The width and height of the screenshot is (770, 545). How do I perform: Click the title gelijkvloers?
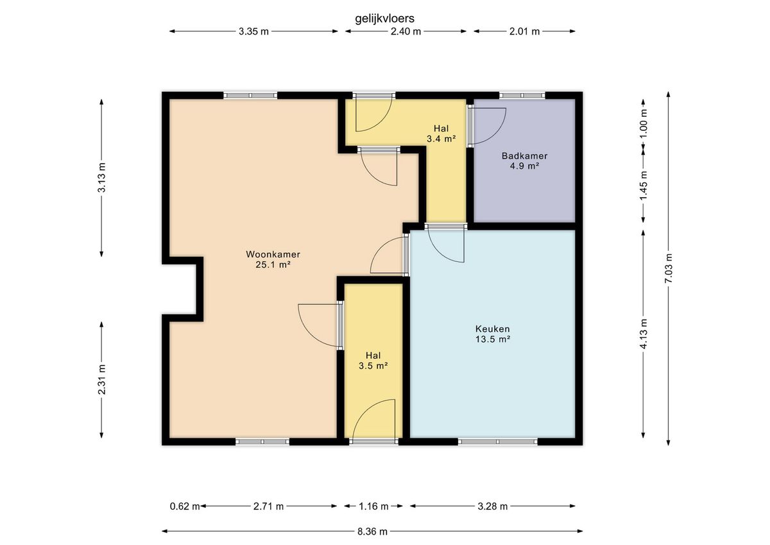[x=384, y=19]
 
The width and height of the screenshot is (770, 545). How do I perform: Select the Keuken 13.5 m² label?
[x=493, y=334]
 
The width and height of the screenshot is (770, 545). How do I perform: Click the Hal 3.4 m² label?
[x=441, y=134]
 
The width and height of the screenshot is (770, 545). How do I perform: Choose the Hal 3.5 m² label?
[x=373, y=360]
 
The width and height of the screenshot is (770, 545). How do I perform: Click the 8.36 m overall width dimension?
[x=372, y=532]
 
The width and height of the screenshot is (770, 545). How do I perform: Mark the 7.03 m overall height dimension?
[x=669, y=268]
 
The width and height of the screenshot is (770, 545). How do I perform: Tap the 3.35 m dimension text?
[x=253, y=31]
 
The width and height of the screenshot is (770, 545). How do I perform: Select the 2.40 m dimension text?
[x=406, y=31]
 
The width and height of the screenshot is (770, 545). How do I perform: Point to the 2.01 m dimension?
[x=525, y=31]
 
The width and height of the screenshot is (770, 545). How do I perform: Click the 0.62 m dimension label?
[x=185, y=506]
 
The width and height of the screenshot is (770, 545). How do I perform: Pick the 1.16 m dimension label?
[x=373, y=506]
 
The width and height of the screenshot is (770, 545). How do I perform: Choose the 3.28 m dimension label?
[x=493, y=506]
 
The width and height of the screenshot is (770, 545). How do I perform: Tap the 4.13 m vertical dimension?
[x=644, y=334]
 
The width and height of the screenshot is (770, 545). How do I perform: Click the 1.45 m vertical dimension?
[x=644, y=186]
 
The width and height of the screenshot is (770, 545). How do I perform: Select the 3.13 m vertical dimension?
[x=102, y=177]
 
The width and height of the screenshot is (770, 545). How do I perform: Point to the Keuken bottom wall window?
[x=498, y=442]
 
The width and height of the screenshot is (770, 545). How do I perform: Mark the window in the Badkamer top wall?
[x=522, y=95]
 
